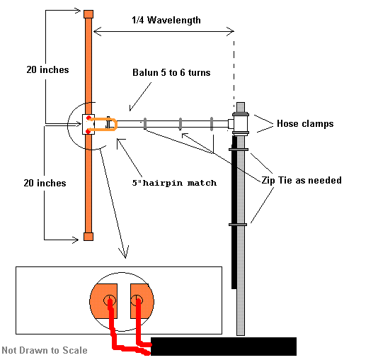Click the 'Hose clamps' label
[x=304, y=123]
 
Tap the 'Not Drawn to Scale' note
[x=45, y=350]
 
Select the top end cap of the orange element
[x=88, y=14]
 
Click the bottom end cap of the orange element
[x=88, y=236]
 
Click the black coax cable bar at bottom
[x=223, y=347]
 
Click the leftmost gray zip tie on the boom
[x=144, y=123]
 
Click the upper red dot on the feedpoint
[x=89, y=118]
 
